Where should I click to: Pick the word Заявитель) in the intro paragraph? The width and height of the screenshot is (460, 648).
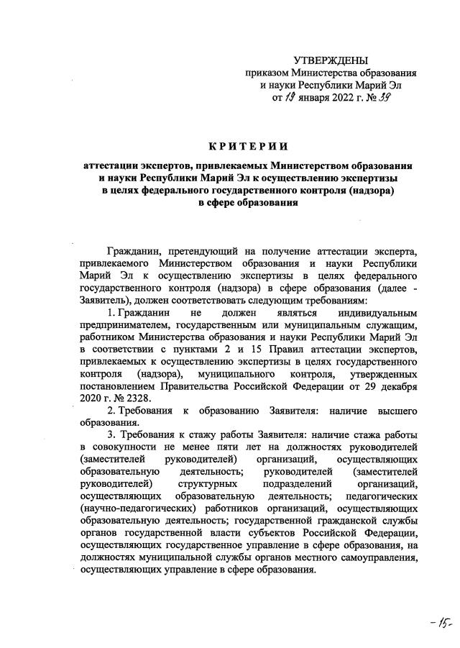pyautogui.click(x=110, y=300)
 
